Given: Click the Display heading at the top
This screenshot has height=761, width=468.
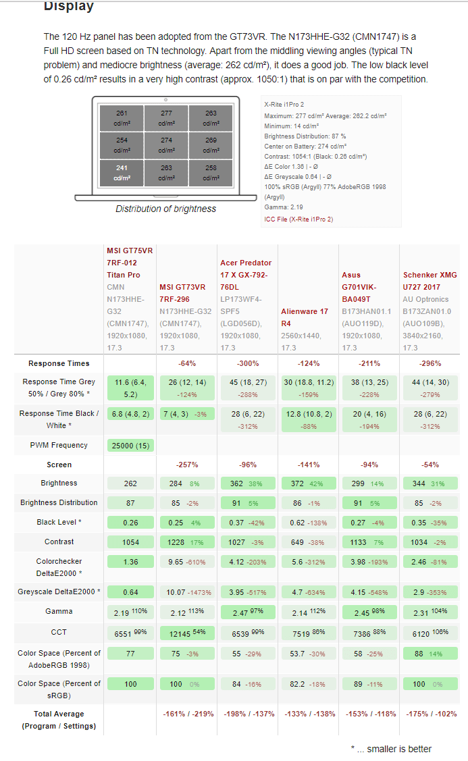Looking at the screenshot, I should tap(68, 6).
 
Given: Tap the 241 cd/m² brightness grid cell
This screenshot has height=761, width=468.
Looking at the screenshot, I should tap(122, 173).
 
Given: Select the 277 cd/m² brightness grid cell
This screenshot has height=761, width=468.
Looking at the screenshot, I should tap(166, 117).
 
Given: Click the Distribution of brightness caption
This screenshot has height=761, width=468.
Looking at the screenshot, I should tap(165, 209).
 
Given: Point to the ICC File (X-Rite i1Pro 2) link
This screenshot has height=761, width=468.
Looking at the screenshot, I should tap(298, 219).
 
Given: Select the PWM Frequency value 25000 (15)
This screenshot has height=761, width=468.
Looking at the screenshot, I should tap(131, 445).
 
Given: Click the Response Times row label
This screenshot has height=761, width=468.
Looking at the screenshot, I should tap(59, 363).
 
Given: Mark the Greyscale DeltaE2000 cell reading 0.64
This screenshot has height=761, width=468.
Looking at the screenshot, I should tap(130, 592).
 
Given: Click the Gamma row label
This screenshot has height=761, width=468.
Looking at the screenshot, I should tap(59, 611).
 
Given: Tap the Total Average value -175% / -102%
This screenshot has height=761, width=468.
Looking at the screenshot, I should tap(430, 714).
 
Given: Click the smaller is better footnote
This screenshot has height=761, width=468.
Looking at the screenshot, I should tap(391, 748).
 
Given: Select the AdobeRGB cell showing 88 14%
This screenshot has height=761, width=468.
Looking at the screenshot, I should tap(430, 654).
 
